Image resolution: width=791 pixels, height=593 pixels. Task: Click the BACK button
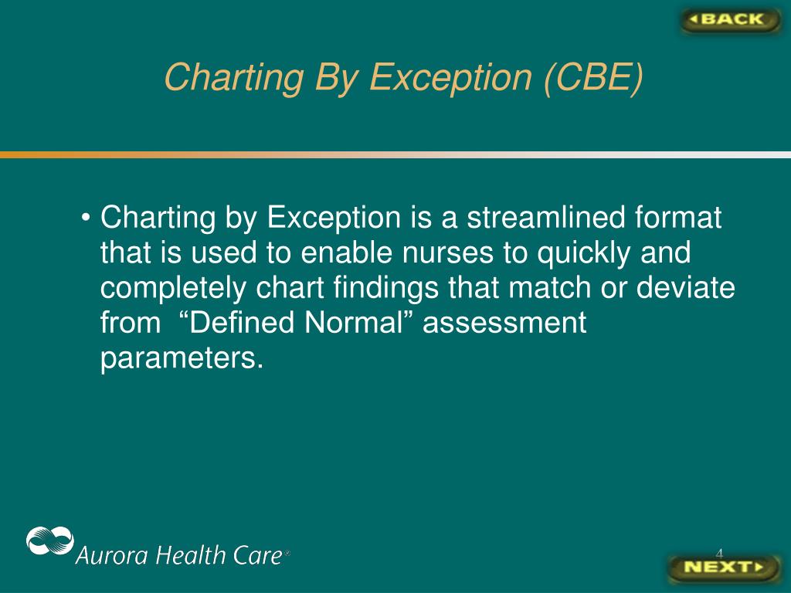(x=730, y=20)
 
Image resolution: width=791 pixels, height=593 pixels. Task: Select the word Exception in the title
(x=450, y=78)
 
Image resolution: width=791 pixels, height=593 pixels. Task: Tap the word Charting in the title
(x=234, y=78)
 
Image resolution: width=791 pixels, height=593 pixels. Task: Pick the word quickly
(x=584, y=252)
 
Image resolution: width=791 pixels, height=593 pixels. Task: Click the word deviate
(x=685, y=287)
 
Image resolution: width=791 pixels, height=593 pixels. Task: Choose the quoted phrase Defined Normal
(x=297, y=322)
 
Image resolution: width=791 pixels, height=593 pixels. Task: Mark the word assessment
(x=504, y=324)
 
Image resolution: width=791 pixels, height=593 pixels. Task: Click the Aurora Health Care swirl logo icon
(x=50, y=540)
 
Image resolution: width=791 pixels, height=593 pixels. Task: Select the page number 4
(x=719, y=553)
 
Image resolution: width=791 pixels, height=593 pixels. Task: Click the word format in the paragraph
(x=678, y=217)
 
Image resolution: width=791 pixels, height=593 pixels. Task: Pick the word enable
(x=347, y=252)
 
